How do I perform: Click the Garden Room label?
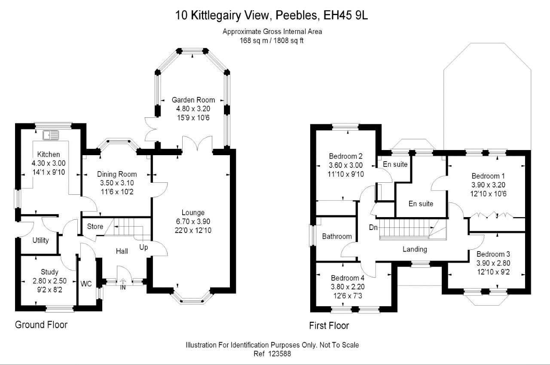(x=193, y=100)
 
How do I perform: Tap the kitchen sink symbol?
(x=50, y=135)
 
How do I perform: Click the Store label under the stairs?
(x=95, y=226)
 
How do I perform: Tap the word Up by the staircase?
(x=144, y=247)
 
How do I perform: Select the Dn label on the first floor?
(x=373, y=227)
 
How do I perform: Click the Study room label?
(x=49, y=272)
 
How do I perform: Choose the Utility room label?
(x=41, y=240)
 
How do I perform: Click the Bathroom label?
(x=337, y=236)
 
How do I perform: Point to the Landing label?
(x=415, y=249)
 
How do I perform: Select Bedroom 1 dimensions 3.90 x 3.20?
(x=488, y=184)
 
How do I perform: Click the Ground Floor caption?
(x=41, y=325)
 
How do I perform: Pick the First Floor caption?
(x=329, y=325)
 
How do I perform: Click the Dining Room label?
(x=117, y=174)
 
